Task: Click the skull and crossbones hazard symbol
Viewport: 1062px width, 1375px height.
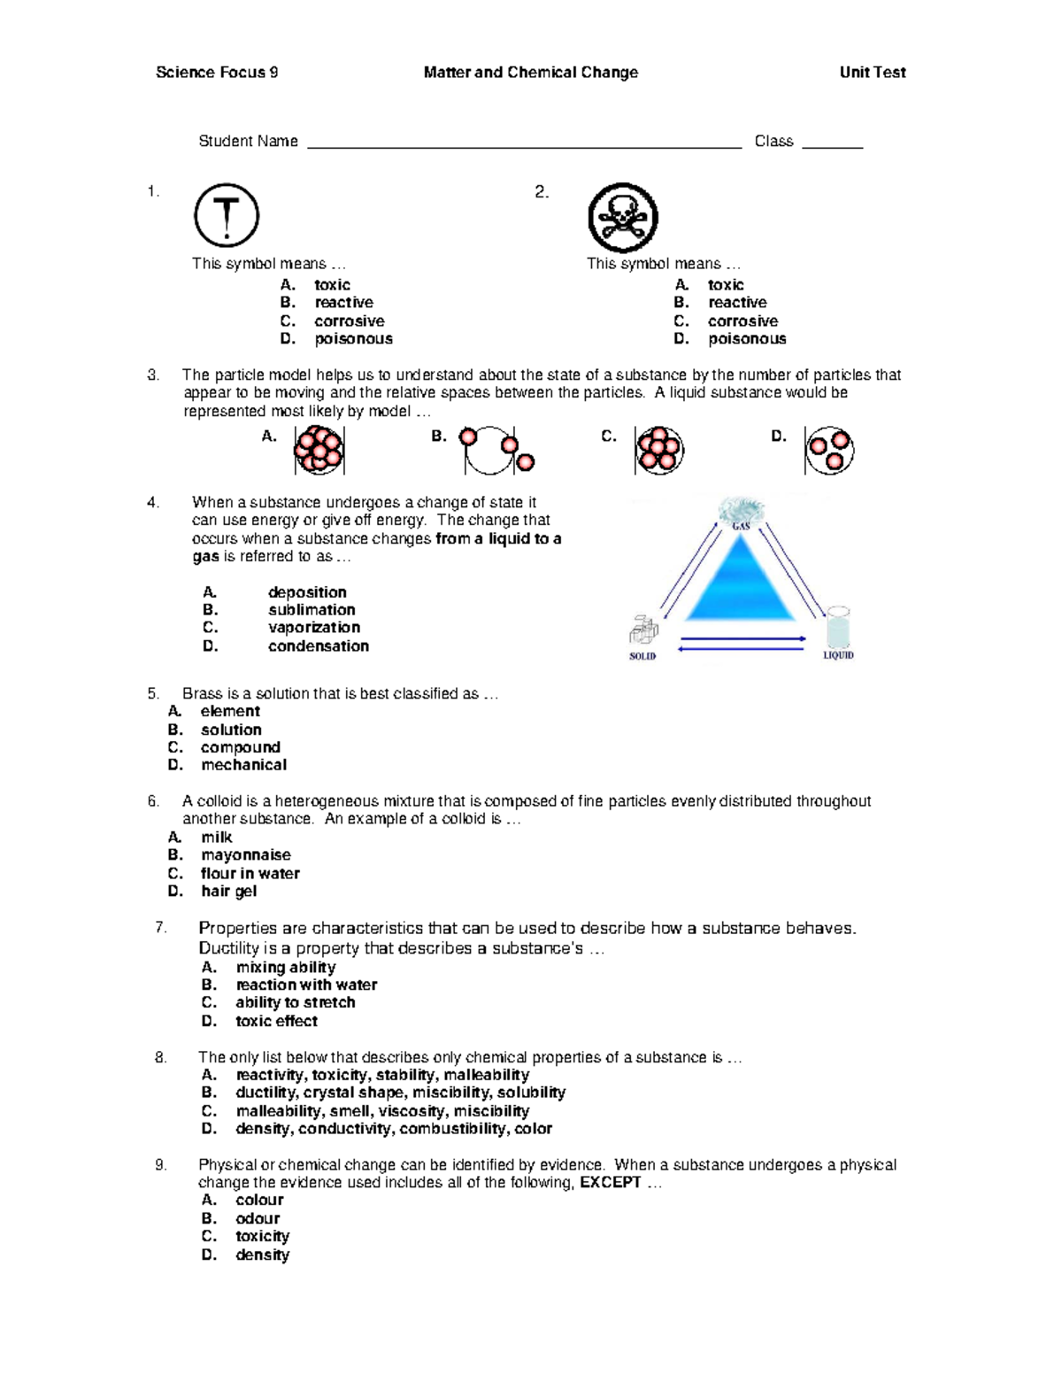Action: click(623, 218)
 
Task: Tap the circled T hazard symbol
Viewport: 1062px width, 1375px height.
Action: click(227, 215)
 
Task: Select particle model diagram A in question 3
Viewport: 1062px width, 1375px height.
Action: click(319, 450)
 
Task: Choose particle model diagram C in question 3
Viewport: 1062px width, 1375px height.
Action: click(659, 450)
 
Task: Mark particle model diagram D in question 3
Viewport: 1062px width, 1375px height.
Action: click(829, 450)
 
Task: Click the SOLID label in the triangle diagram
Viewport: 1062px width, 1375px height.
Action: click(643, 656)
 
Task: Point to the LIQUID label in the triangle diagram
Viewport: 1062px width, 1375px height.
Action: click(838, 655)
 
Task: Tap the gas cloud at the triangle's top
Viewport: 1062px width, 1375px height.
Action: click(741, 512)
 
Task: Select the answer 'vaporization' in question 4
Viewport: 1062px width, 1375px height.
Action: click(313, 628)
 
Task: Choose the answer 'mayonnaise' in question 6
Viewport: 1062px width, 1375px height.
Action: click(245, 855)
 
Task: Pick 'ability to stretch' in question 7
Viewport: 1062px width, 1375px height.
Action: click(295, 1002)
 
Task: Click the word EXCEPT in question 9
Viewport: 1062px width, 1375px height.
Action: click(610, 1183)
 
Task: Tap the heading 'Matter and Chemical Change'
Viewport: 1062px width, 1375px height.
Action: click(530, 73)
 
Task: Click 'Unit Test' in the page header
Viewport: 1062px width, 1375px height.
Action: click(872, 73)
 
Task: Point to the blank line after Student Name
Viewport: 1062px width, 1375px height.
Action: click(524, 143)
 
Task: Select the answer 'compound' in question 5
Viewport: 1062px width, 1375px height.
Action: click(240, 747)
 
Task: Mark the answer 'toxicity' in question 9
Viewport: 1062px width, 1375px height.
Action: click(262, 1236)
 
